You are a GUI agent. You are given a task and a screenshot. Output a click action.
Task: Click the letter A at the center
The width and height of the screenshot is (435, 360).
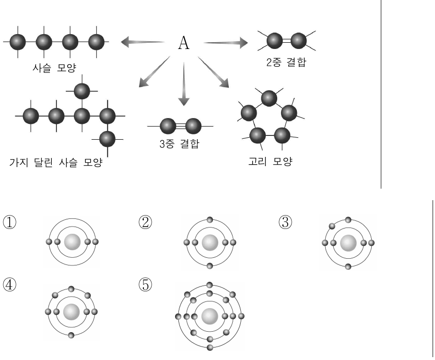point(184,43)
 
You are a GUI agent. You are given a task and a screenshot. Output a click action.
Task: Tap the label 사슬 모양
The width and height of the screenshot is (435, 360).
point(54,68)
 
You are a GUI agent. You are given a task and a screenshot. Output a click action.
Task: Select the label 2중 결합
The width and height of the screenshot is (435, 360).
point(286,62)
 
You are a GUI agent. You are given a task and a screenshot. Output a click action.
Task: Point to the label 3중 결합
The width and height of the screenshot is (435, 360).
point(179,144)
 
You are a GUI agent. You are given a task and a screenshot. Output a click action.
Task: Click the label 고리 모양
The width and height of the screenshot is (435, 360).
point(270,161)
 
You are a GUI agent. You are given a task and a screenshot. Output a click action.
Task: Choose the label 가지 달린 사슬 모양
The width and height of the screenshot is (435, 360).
point(56,162)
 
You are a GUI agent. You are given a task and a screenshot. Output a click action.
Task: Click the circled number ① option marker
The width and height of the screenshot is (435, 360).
point(10,222)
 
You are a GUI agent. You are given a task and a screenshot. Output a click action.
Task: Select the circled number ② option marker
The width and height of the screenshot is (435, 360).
point(145,222)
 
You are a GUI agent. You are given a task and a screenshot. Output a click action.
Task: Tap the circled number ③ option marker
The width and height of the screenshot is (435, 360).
point(285,222)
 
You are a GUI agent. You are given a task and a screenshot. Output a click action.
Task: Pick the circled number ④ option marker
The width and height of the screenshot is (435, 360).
point(10,285)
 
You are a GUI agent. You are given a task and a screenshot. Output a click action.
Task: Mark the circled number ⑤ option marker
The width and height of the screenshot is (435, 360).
point(145,285)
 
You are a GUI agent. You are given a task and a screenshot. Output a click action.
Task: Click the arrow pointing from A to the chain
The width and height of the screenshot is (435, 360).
point(142,42)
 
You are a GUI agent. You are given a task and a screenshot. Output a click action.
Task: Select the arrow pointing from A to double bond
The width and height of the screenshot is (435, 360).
point(225,43)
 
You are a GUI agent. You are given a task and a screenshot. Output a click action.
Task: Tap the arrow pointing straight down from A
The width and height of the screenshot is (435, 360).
point(183,84)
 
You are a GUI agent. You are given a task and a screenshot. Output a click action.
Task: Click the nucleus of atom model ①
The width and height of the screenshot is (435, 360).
point(72,242)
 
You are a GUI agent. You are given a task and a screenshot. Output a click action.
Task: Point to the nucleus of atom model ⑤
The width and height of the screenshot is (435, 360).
point(210,316)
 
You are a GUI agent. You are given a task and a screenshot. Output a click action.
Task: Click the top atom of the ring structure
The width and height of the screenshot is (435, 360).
point(269,98)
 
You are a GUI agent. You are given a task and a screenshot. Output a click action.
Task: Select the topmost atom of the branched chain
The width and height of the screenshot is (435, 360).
point(82,91)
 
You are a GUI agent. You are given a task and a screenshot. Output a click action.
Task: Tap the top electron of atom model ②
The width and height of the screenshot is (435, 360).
point(210,220)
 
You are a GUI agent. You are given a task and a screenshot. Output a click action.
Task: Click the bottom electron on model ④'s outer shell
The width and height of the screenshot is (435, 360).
point(71,335)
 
